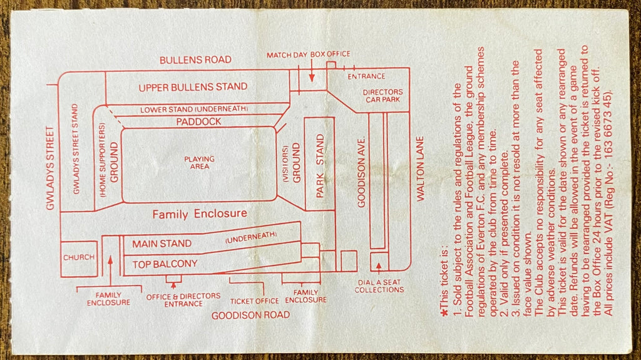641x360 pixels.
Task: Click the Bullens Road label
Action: (195, 59)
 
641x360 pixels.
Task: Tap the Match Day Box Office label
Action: (308, 54)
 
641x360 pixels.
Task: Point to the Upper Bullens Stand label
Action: (193, 87)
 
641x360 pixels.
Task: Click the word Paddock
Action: (198, 121)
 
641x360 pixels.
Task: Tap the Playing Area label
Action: (199, 162)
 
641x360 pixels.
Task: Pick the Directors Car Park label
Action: (382, 96)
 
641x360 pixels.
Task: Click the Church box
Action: (79, 259)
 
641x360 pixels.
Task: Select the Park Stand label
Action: (320, 166)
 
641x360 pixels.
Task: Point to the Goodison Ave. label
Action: (361, 172)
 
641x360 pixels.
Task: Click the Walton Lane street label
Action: (420, 168)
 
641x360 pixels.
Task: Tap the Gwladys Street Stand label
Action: (76, 149)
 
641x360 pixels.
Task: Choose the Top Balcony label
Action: (165, 264)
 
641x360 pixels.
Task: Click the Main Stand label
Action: (162, 244)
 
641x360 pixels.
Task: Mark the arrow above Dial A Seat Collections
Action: (379, 267)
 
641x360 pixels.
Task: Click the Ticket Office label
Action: (254, 301)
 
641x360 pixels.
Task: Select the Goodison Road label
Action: (250, 315)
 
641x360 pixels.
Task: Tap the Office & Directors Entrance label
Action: (183, 300)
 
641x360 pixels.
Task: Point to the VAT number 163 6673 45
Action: (608, 118)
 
